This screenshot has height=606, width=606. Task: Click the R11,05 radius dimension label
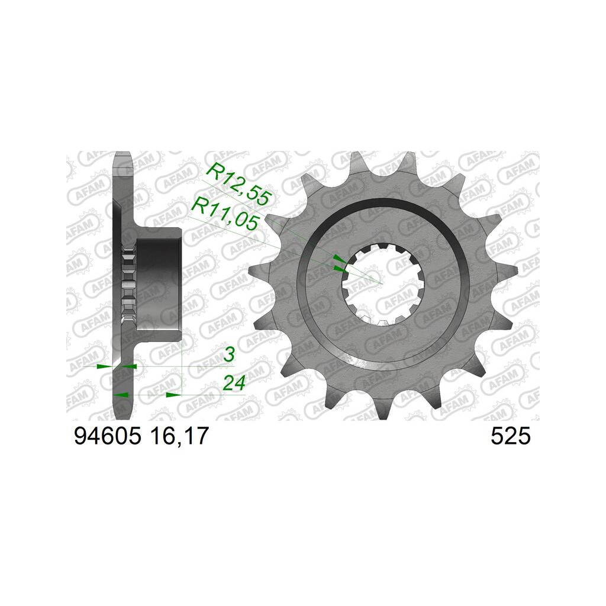tap(225, 213)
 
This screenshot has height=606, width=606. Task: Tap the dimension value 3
tap(229, 355)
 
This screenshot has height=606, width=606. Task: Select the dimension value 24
tap(234, 383)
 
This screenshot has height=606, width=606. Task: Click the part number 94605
tap(108, 437)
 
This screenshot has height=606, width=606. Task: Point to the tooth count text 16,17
tap(178, 437)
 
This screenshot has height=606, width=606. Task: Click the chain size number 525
tap(511, 437)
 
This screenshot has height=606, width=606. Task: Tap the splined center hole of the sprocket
tap(383, 283)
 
